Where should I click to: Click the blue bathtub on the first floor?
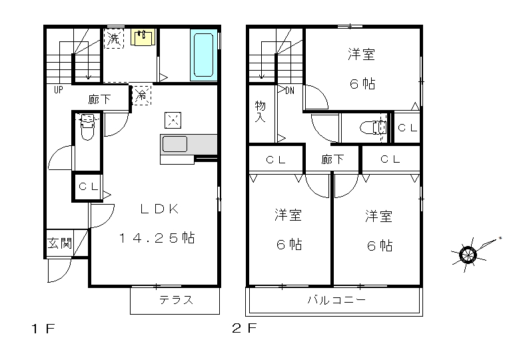tap(203, 55)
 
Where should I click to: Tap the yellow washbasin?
tap(143, 37)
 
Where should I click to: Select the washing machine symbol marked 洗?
tap(113, 39)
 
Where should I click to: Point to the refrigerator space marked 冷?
tap(142, 95)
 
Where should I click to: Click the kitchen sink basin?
tap(175, 144)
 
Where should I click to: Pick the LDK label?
tap(159, 209)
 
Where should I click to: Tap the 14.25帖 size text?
tap(157, 238)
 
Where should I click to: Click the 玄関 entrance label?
tap(59, 243)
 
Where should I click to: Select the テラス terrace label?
tap(176, 299)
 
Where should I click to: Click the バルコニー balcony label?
tap(336, 299)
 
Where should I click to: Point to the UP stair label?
tap(58, 90)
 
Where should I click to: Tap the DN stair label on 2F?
tap(290, 91)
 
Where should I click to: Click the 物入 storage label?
tap(260, 111)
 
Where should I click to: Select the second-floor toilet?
tap(373, 127)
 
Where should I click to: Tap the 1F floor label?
tap(43, 329)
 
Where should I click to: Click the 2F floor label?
tap(245, 328)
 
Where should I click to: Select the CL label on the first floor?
tap(89, 187)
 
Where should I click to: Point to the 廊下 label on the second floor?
tap(332, 159)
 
